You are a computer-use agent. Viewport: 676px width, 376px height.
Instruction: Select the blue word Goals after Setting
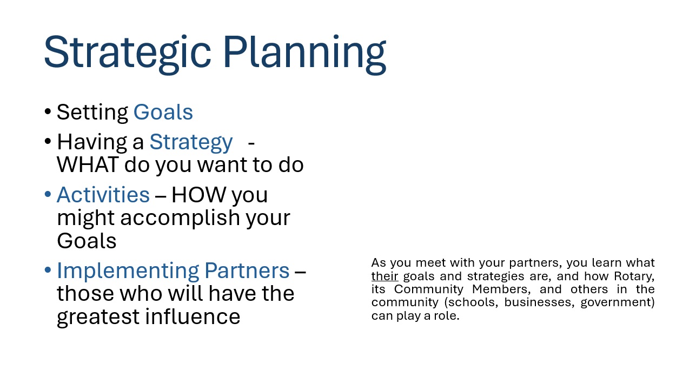click(163, 112)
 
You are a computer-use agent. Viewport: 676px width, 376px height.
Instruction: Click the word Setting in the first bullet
click(92, 113)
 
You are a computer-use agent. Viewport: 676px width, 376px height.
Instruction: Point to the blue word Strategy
click(191, 142)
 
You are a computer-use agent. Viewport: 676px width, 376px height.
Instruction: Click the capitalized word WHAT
click(88, 164)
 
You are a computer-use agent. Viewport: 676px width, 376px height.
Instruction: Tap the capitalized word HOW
click(199, 195)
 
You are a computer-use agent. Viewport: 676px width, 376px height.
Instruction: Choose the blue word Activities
click(103, 195)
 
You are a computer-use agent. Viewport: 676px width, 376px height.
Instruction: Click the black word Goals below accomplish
click(87, 241)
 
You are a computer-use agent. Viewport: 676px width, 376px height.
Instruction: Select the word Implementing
click(128, 271)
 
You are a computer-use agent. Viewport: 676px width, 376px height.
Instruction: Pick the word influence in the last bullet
click(193, 316)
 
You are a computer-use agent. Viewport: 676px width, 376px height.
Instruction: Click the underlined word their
click(385, 276)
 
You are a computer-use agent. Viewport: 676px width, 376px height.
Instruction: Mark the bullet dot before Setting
click(48, 111)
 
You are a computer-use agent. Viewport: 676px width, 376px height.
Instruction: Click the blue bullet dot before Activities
click(48, 194)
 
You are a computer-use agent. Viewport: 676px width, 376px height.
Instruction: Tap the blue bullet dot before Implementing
click(48, 270)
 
